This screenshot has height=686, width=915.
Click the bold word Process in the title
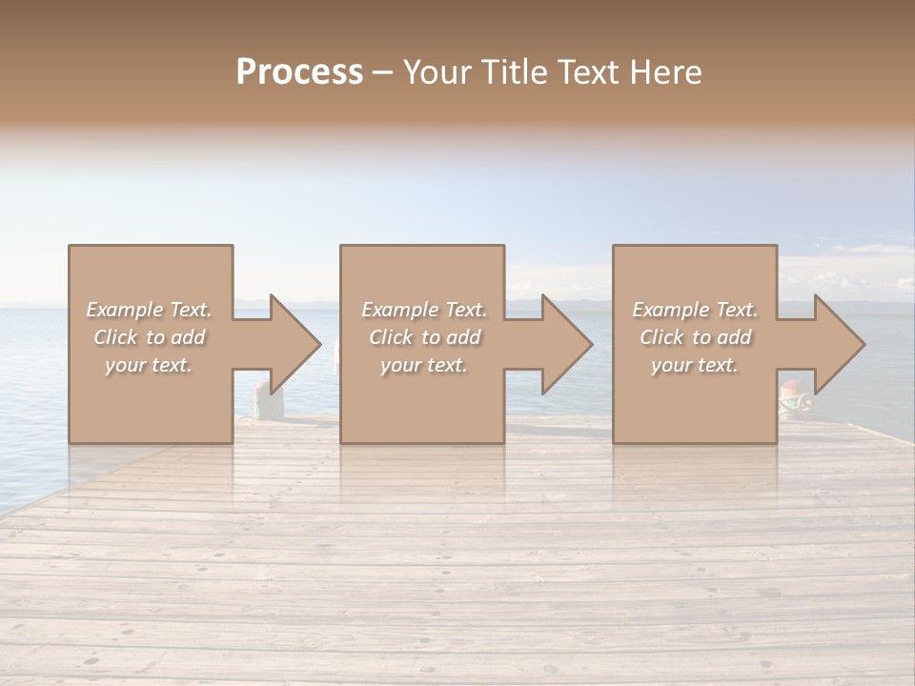299,72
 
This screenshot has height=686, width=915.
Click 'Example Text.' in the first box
149,310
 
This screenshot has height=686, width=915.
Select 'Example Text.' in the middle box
424,310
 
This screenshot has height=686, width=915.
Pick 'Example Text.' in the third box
695,310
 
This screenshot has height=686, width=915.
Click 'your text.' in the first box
149,365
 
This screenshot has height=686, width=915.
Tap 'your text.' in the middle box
424,365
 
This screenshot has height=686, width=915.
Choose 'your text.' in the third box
695,365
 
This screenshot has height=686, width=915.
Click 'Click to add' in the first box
149,337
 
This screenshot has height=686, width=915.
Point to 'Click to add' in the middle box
424,337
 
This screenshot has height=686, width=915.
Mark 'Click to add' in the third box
695,337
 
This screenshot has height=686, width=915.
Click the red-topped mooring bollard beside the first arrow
263,400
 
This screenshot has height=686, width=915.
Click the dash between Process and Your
382,73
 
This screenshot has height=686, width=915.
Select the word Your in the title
437,72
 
